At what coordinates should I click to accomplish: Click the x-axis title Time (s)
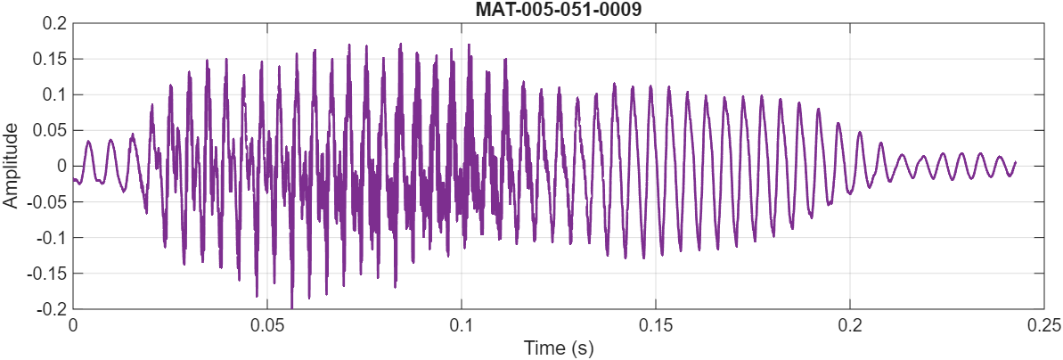(558, 347)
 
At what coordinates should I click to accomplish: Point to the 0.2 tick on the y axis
(54, 23)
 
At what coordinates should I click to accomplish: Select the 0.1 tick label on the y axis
(54, 94)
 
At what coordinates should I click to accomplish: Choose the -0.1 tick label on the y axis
(52, 237)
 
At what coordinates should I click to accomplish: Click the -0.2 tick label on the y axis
(52, 308)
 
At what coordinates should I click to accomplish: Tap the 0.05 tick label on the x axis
(267, 325)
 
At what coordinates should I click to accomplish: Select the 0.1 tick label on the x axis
(462, 325)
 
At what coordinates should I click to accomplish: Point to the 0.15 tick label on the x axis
(656, 325)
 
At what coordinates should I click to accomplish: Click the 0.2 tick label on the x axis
(850, 325)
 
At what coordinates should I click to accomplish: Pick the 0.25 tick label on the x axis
(1043, 325)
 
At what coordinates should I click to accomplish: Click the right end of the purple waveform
(1016, 163)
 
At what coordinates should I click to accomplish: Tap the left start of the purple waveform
(74, 180)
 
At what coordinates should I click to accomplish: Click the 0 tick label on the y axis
(60, 166)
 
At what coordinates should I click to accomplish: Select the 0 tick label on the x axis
(73, 325)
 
